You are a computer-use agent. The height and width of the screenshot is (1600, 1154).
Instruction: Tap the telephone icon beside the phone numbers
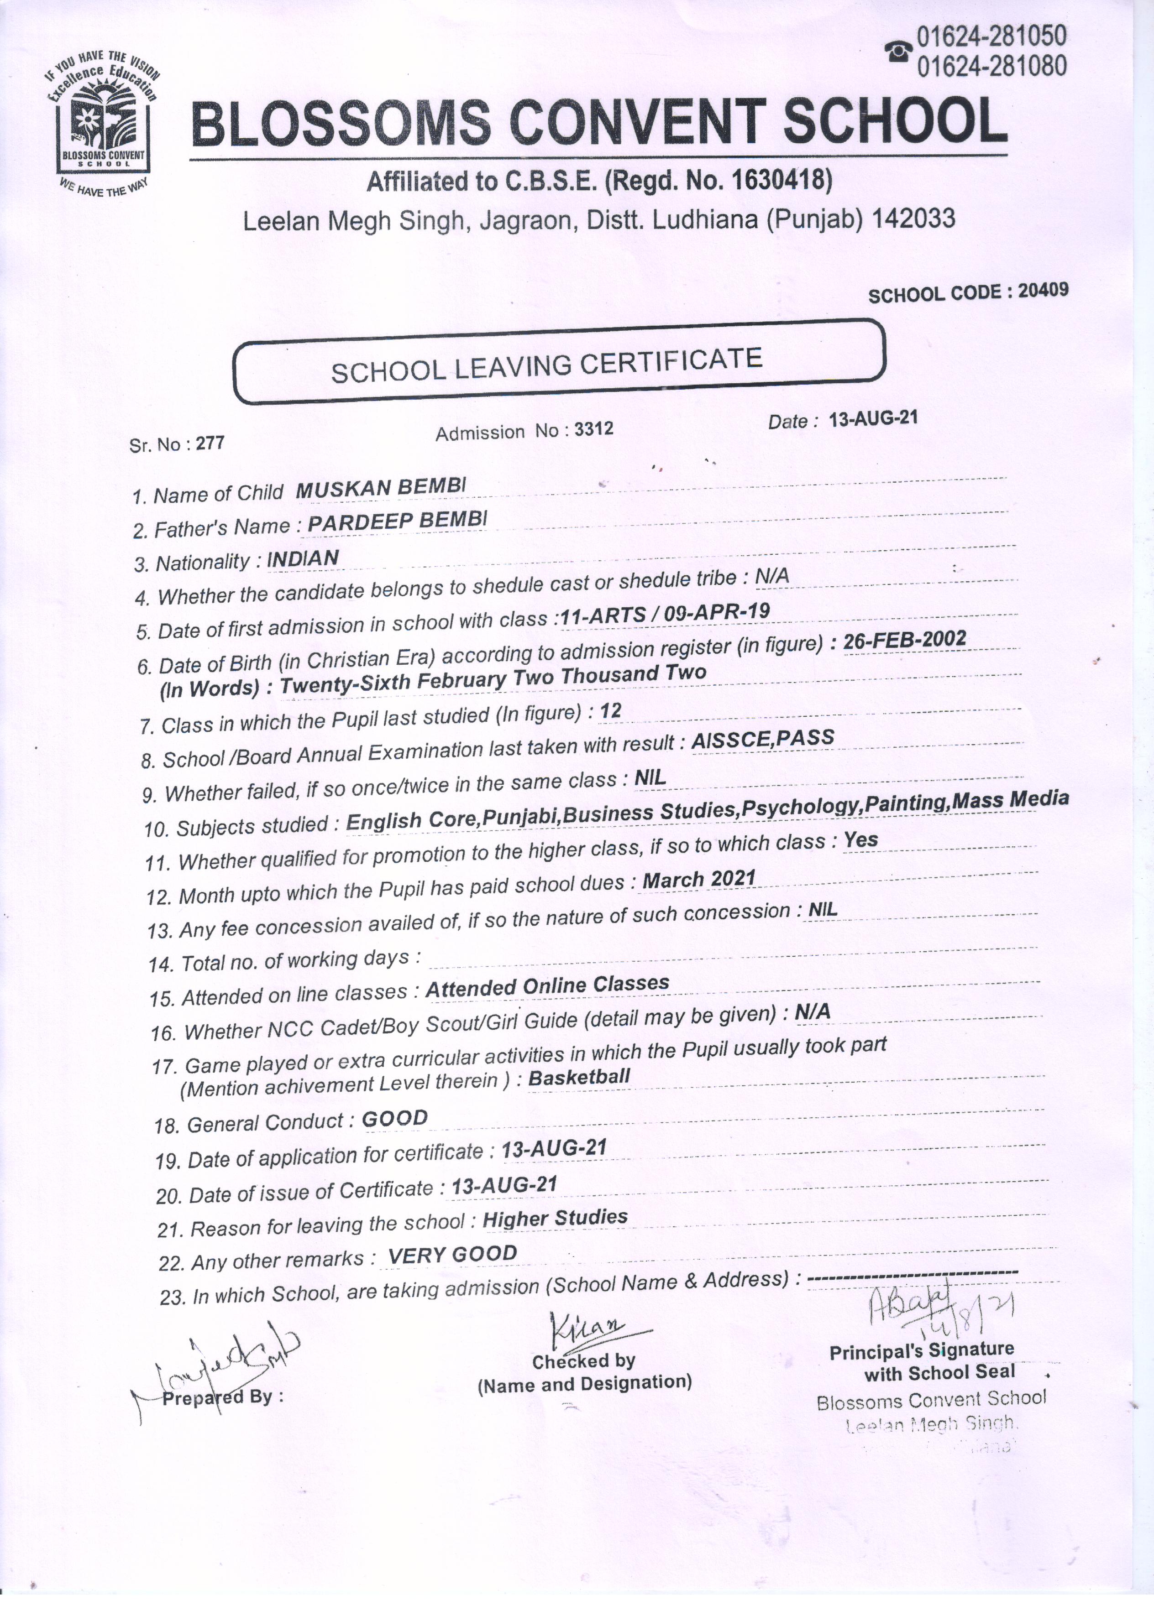(898, 51)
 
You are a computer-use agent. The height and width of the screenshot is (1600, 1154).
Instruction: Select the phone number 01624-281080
(991, 66)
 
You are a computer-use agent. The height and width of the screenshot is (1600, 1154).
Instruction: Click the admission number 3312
(593, 429)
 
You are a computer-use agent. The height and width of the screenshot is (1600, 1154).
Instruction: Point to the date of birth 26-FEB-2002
(905, 640)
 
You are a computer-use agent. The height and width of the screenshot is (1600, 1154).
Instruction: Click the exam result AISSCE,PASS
(763, 739)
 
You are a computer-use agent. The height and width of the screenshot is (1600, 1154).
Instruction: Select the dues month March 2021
(699, 879)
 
